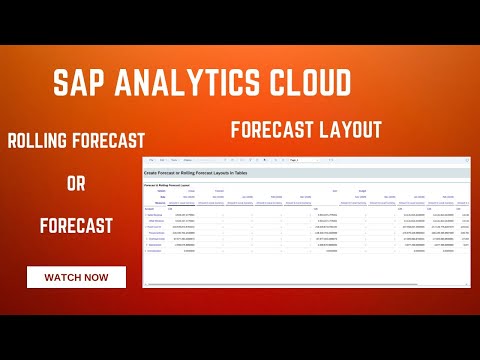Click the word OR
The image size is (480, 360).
[76, 183]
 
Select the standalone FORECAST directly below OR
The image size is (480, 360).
[76, 226]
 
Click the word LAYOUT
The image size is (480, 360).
[350, 129]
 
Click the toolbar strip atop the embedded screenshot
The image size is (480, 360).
[300, 160]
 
